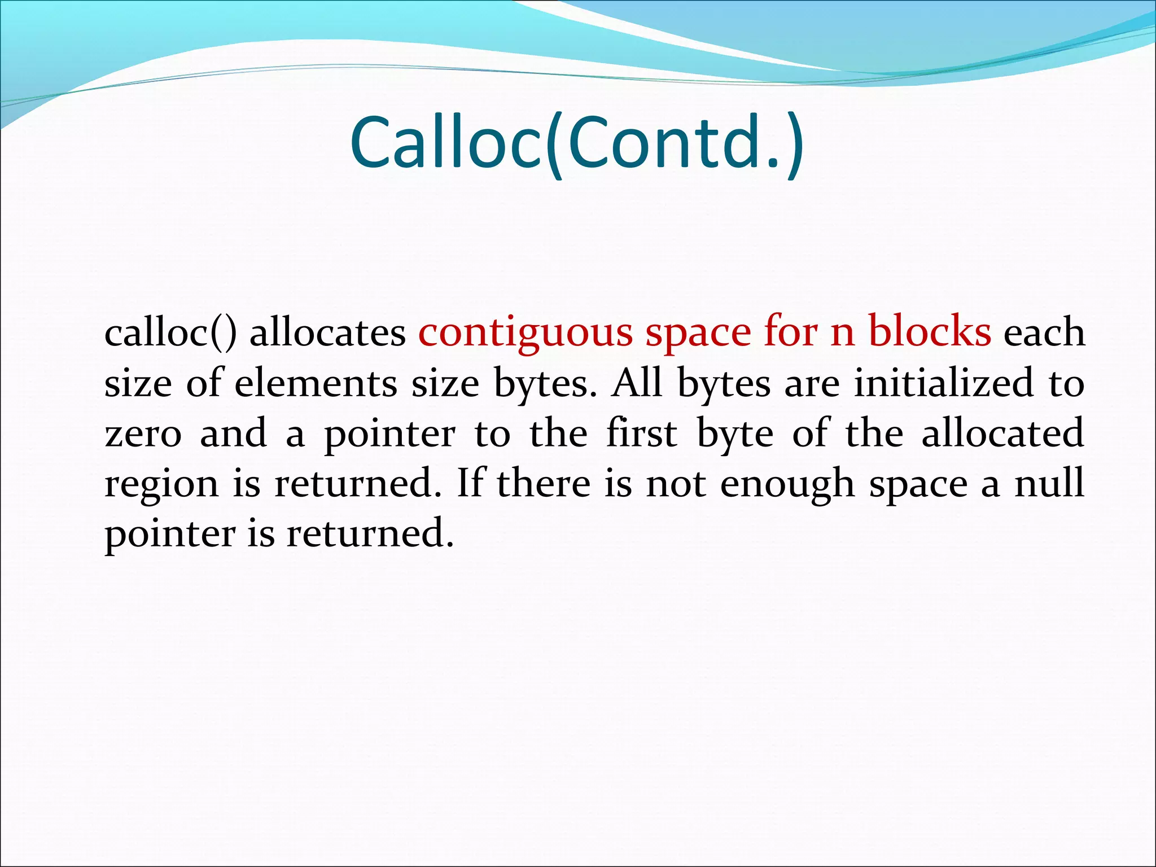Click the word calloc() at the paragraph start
170,333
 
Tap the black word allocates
327,333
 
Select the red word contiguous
526,333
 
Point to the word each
1044,333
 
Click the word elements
316,384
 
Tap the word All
637,384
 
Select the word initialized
943,384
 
